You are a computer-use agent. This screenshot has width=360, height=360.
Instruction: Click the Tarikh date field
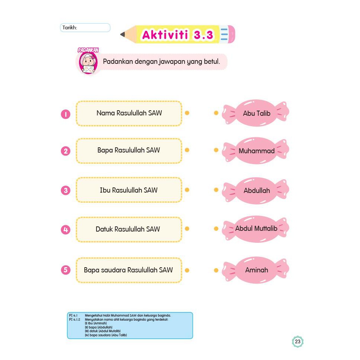pos(85,27)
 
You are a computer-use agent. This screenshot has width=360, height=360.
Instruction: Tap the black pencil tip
pos(122,35)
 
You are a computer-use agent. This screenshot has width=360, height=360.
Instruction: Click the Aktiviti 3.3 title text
pos(178,35)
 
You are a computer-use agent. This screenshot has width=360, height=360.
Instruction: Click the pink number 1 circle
pos(66,114)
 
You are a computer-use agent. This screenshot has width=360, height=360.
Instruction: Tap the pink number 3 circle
pos(66,190)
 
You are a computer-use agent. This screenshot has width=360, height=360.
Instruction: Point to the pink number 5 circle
pos(66,270)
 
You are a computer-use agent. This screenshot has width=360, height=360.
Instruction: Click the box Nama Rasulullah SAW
pos(129,114)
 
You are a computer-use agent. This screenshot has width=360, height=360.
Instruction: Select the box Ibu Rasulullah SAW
pos(129,190)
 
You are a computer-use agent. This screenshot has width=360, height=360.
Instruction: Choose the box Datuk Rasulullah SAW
pos(129,229)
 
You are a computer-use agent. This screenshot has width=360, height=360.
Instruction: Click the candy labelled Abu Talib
pos(256,113)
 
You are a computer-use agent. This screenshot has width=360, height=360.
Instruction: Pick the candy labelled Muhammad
pos(256,151)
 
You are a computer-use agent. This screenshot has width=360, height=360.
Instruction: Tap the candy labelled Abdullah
pos(256,190)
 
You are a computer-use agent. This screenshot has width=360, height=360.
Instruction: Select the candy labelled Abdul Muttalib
pos(256,229)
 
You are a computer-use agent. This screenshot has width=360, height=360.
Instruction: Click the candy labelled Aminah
pos(256,270)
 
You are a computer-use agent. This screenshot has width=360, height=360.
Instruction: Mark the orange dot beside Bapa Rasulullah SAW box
pos(187,150)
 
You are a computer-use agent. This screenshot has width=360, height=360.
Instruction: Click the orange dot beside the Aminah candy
pos(216,270)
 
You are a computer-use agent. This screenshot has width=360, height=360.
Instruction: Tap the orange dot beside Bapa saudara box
pos(187,270)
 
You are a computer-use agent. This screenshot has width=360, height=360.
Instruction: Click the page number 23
pos(298,342)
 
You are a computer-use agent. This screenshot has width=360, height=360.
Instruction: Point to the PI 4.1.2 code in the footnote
pos(75,320)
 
